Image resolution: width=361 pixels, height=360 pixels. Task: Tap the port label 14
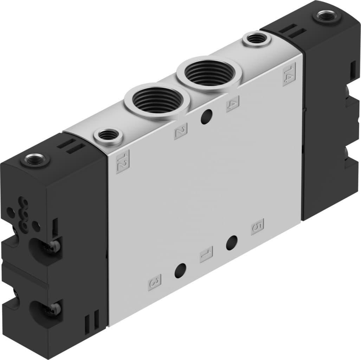tap(289, 74)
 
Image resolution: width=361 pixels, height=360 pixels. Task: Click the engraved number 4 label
tap(233, 104)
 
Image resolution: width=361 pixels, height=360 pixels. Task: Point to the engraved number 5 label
tap(257, 226)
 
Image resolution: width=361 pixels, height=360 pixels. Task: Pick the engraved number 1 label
tap(206, 254)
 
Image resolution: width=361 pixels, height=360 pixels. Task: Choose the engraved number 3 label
tap(155, 282)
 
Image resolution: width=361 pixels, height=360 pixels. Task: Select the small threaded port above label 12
tap(108, 135)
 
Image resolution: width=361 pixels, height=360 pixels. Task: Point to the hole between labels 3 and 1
tap(180, 270)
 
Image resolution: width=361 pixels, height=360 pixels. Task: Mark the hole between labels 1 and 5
tap(231, 243)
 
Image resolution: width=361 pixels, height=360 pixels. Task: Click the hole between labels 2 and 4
tap(206, 117)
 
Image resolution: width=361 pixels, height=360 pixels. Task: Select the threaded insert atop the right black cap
tap(327, 16)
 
